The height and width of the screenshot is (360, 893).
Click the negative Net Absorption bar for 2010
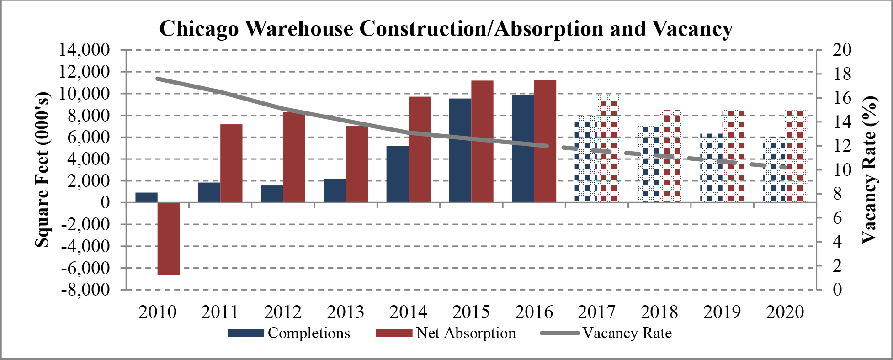point(169,238)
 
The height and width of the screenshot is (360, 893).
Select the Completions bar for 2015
point(460,150)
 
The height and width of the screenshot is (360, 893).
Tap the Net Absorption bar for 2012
point(294,157)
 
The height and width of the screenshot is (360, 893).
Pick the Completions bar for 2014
point(397,174)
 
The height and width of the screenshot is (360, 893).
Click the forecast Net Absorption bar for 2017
point(608,149)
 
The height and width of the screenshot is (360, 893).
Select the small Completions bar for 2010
point(146,197)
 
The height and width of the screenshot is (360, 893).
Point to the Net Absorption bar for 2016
point(545,141)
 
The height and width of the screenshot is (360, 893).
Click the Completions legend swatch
point(246,333)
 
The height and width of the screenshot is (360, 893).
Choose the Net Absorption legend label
point(466,333)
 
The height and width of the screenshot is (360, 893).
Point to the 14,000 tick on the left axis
point(85,50)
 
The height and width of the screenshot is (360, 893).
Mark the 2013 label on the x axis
point(346,312)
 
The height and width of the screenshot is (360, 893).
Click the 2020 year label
point(785,312)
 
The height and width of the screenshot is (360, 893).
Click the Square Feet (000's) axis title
point(43,170)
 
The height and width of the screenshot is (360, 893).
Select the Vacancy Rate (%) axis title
point(870,170)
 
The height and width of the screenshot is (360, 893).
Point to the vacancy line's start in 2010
point(158,79)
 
